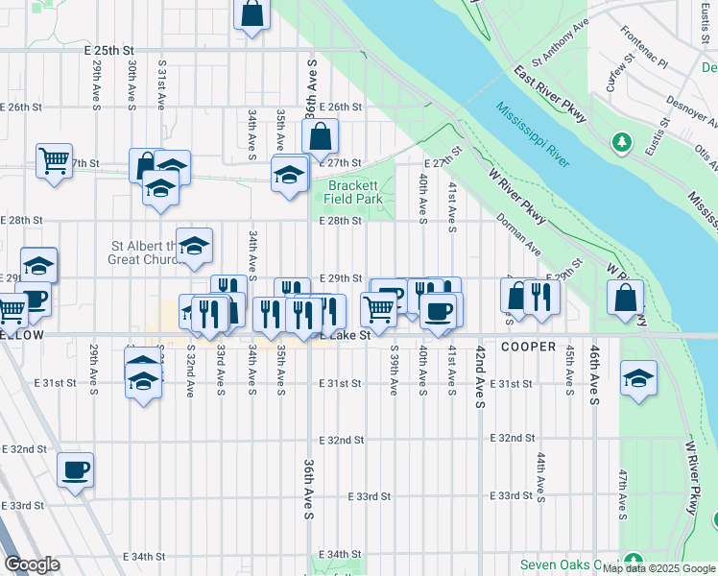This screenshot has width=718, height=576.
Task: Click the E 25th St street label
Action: coord(108,49)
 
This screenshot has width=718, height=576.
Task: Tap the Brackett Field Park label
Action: coord(355,192)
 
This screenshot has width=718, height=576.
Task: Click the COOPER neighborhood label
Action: coord(527,346)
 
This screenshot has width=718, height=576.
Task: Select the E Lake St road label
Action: coord(346,336)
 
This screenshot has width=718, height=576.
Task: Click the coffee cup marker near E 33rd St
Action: coord(75,470)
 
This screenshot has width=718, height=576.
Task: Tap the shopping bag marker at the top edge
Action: coord(251,14)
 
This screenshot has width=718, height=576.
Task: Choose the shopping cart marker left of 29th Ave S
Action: coord(55,158)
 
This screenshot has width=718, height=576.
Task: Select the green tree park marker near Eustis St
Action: coord(623,143)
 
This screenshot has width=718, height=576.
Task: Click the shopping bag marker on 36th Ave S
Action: coord(321,136)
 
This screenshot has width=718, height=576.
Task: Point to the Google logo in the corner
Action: coord(31,564)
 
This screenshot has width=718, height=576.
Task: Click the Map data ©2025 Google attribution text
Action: coord(658,568)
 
